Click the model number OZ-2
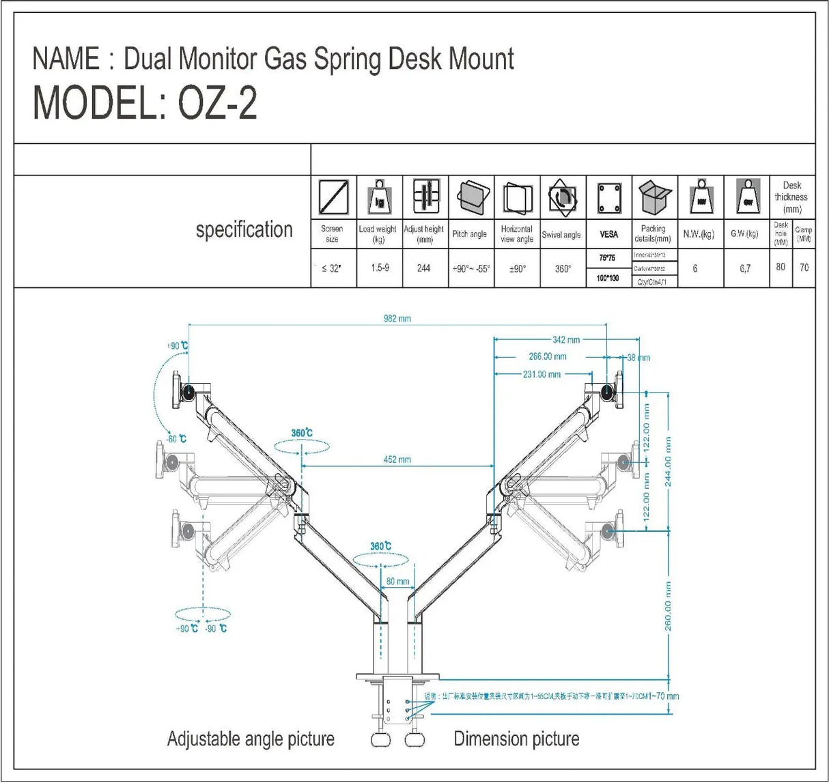(x=217, y=104)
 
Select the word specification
(x=244, y=230)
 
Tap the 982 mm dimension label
(x=397, y=319)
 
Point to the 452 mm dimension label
(x=397, y=459)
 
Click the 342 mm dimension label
(x=566, y=339)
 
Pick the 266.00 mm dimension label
(x=547, y=356)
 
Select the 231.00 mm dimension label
(x=542, y=374)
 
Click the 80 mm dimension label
(x=397, y=582)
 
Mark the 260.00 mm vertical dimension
(x=668, y=606)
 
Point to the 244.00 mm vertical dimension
(x=668, y=461)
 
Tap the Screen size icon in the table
(x=334, y=197)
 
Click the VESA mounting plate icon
(x=609, y=198)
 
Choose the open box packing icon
(x=655, y=197)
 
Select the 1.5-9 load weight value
(x=380, y=268)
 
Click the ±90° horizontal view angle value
(x=517, y=269)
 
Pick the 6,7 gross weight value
(x=745, y=269)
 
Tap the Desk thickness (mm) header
(x=791, y=197)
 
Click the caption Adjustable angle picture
(x=251, y=739)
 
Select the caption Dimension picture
(x=516, y=739)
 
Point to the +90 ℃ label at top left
(x=177, y=346)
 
